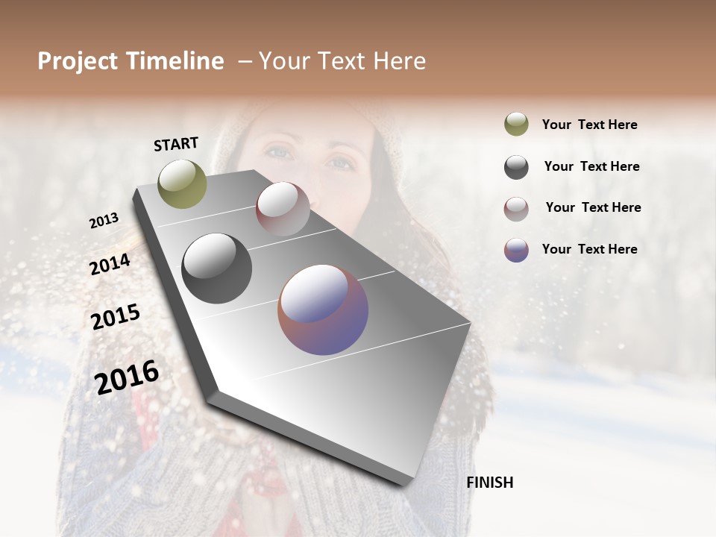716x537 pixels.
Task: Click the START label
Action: pos(176,144)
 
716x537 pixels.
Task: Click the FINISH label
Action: pos(489,483)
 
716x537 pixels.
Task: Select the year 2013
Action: pos(104,221)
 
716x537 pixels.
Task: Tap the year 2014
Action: pos(110,265)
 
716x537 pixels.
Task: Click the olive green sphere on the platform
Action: pos(183,183)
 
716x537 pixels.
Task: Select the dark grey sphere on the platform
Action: pos(216,268)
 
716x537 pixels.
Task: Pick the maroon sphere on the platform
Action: pos(283,209)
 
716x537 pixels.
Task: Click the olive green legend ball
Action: pos(516,124)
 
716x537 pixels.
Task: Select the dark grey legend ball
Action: pos(516,167)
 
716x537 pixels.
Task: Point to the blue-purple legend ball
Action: pos(516,250)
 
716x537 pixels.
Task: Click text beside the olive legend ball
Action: pos(589,125)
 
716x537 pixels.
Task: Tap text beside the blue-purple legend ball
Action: pos(589,249)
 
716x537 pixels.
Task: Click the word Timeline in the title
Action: pos(176,61)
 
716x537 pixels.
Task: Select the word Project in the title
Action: pos(77,61)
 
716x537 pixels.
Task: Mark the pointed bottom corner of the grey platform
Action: pos(409,485)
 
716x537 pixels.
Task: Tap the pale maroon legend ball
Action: pos(516,209)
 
